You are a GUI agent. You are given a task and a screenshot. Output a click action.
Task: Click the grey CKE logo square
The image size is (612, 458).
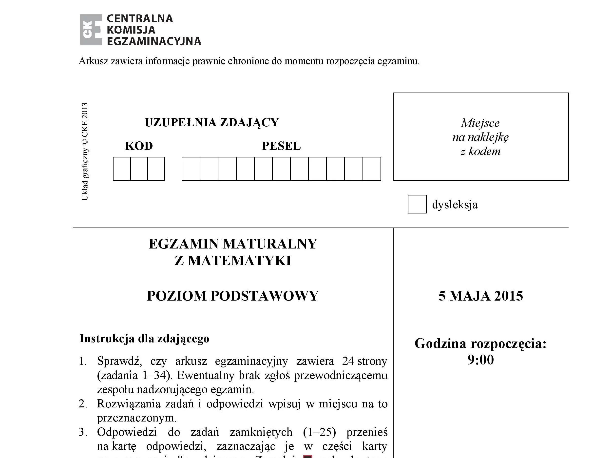pyautogui.click(x=91, y=30)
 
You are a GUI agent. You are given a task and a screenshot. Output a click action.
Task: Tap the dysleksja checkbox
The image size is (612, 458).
pyautogui.click(x=417, y=204)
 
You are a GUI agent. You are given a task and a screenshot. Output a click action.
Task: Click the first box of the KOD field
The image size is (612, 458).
pyautogui.click(x=122, y=169)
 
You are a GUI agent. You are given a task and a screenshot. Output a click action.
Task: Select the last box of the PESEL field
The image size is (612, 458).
pyautogui.click(x=372, y=169)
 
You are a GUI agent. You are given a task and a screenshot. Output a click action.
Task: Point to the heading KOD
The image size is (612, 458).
pyautogui.click(x=139, y=146)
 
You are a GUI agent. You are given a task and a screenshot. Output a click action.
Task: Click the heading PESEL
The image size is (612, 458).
pyautogui.click(x=281, y=146)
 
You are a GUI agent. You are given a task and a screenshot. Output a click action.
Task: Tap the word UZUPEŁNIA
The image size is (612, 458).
pyautogui.click(x=180, y=123)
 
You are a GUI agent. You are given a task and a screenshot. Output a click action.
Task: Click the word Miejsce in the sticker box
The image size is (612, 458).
pyautogui.click(x=480, y=123)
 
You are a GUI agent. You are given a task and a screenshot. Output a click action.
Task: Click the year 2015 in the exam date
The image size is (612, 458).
pyautogui.click(x=509, y=296)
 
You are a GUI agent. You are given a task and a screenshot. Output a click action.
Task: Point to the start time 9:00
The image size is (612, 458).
pyautogui.click(x=480, y=360)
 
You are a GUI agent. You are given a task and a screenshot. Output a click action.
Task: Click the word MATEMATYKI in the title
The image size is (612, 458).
pyautogui.click(x=239, y=261)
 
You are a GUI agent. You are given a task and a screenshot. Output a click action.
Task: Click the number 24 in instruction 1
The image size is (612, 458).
pyautogui.click(x=348, y=361)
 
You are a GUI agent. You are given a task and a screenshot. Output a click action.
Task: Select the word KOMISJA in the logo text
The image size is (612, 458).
pyautogui.click(x=131, y=30)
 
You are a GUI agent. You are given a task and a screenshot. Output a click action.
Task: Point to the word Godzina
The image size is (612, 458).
pyautogui.click(x=440, y=344)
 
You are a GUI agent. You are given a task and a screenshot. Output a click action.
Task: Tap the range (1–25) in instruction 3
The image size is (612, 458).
pyautogui.click(x=319, y=432)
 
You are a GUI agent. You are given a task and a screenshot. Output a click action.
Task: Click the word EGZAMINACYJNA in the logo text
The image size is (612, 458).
pyautogui.click(x=154, y=41)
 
